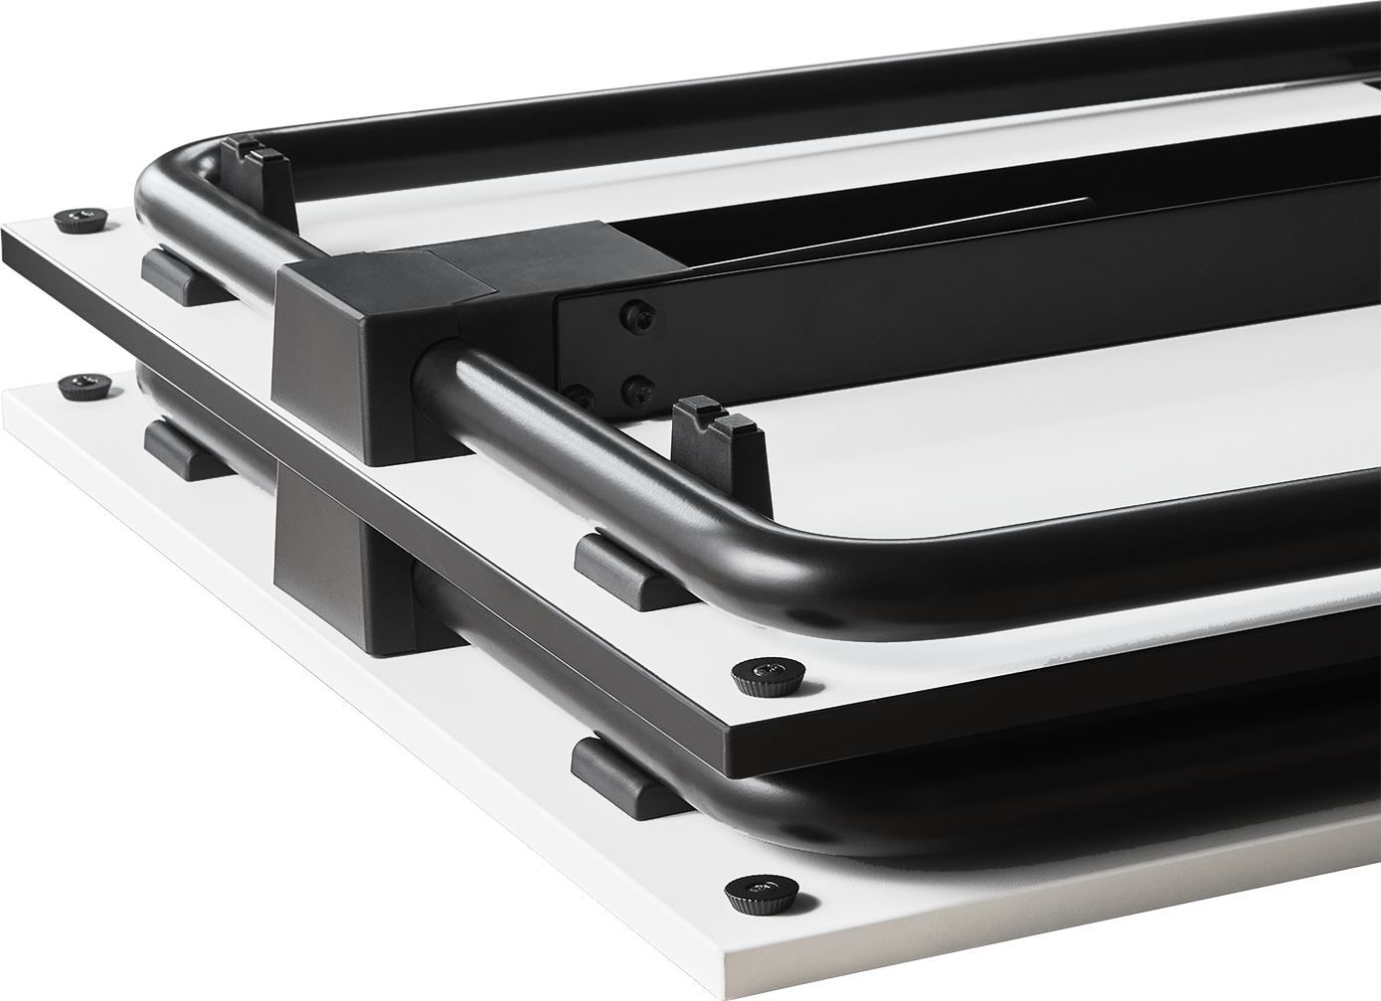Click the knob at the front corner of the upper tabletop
coord(758,679)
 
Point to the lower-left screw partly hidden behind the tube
coord(580,393)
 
